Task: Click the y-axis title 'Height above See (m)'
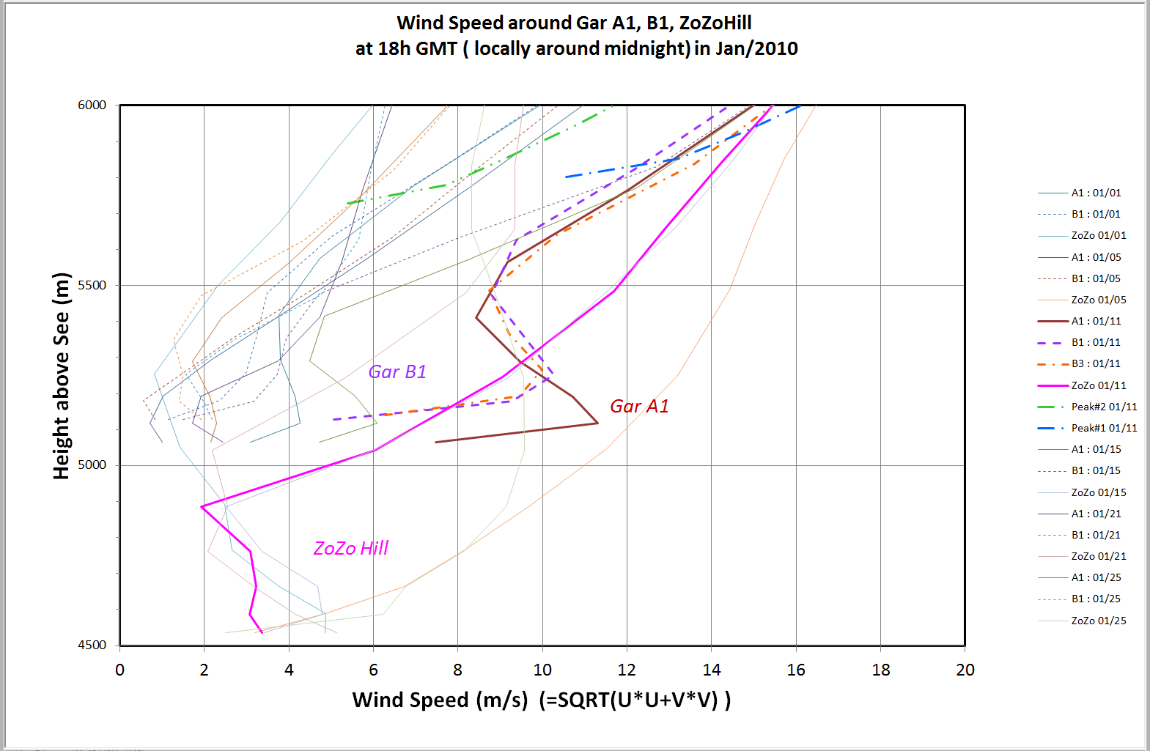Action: coord(62,375)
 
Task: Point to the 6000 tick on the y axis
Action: coord(92,105)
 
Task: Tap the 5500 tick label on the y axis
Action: coord(92,285)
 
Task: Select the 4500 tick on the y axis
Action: coord(92,645)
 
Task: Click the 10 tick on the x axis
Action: coord(542,670)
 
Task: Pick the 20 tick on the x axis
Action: coord(965,670)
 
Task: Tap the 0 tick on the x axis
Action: coord(119,670)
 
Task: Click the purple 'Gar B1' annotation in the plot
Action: coord(397,371)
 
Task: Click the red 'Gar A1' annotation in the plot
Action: coord(639,406)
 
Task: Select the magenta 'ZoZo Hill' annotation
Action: coord(350,548)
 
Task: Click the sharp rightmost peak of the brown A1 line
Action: coord(597,423)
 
